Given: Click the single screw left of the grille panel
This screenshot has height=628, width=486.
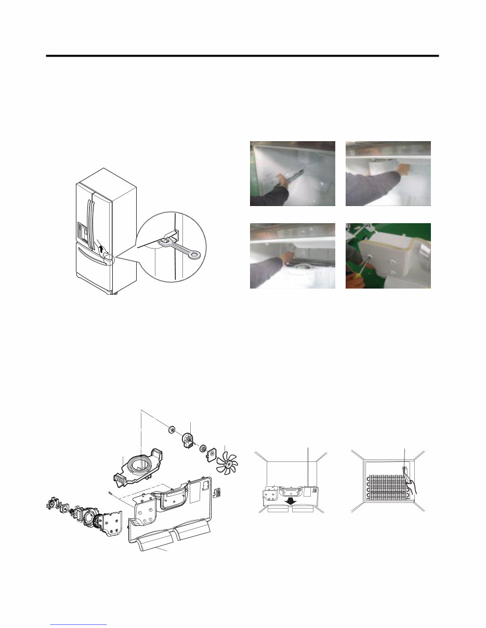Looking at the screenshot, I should click(x=111, y=493).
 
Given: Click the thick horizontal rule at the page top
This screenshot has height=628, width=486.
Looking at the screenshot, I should click(x=242, y=56).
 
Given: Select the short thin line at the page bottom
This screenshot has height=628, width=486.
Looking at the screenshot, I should click(x=78, y=625).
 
